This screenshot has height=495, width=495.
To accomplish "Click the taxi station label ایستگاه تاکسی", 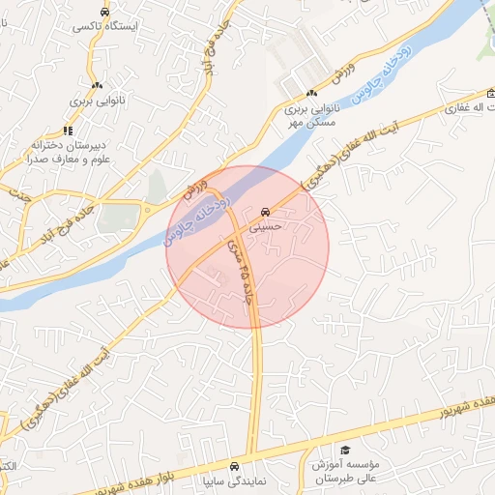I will click(x=103, y=28).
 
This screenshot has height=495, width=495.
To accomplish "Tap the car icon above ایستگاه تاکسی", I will click(x=103, y=12).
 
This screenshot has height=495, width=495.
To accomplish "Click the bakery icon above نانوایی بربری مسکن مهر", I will click(x=311, y=94).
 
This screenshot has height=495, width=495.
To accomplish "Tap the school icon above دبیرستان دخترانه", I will click(x=68, y=130).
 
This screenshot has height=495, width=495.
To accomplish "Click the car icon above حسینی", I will click(x=265, y=212).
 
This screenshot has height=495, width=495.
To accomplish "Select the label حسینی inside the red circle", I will click(x=265, y=229).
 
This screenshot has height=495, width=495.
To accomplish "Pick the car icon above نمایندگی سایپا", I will click(x=236, y=463).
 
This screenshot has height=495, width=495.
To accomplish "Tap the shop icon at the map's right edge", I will click(x=490, y=94).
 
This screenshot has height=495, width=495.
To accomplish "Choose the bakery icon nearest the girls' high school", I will click(x=95, y=85).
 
